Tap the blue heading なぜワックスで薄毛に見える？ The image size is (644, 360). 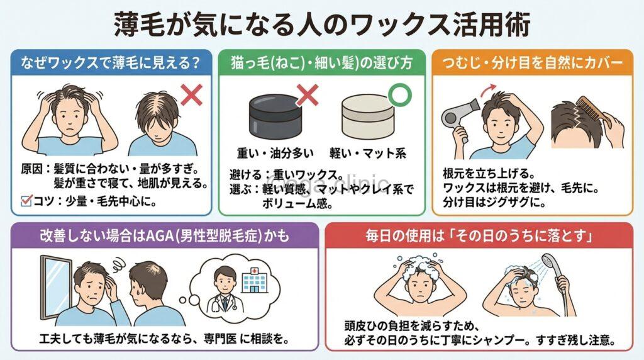click(x=111, y=64)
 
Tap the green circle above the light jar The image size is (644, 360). click(x=397, y=93)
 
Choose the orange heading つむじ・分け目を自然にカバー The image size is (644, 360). click(x=532, y=64)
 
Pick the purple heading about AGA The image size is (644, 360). click(x=162, y=237)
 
